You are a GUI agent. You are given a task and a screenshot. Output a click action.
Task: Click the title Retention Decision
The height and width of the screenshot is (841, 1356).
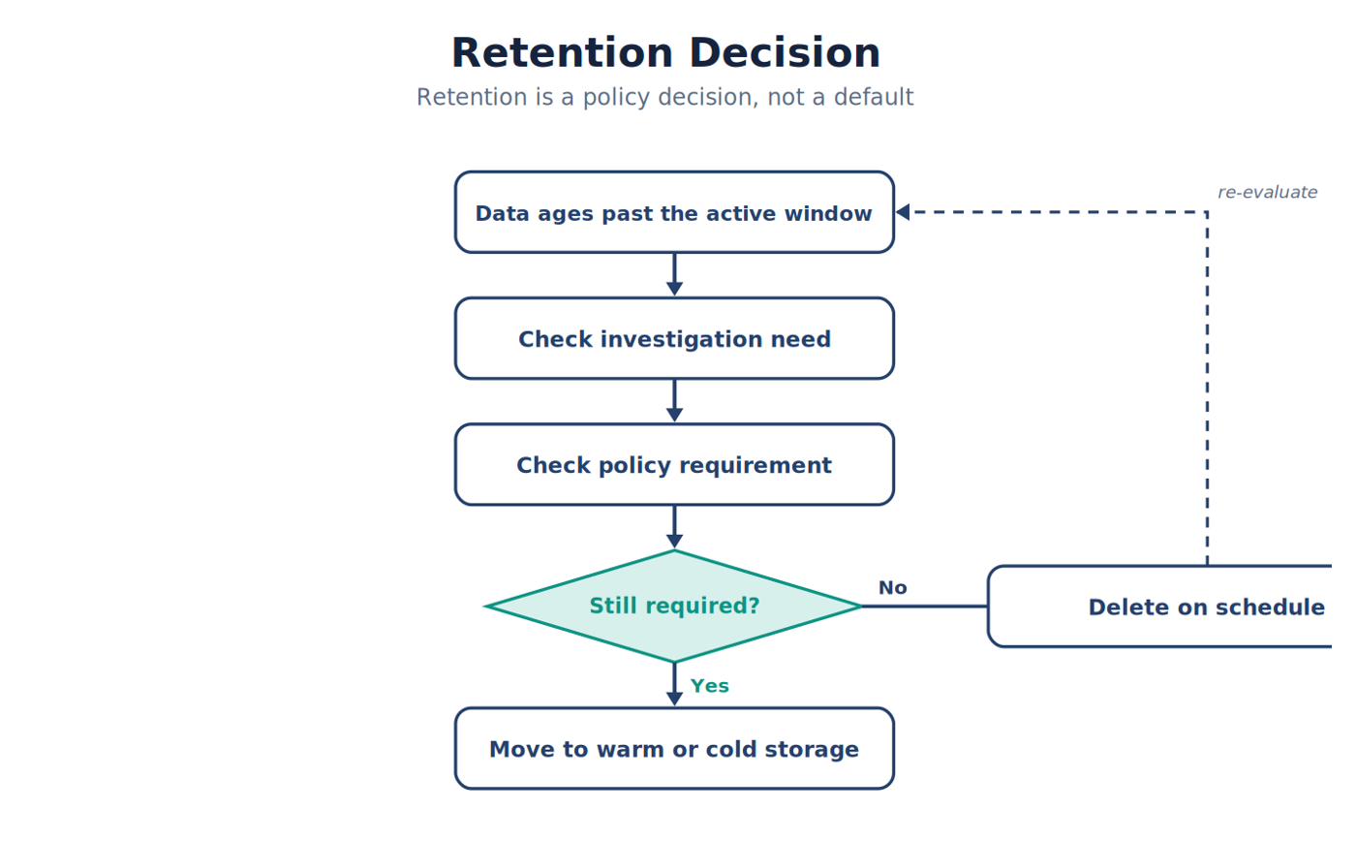(665, 53)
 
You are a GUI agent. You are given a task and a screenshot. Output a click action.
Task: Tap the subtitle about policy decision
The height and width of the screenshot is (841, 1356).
(664, 97)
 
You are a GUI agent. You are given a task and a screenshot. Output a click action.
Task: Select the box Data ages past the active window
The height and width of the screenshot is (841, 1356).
(674, 212)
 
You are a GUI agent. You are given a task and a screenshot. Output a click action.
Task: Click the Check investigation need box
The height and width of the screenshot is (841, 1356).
(674, 338)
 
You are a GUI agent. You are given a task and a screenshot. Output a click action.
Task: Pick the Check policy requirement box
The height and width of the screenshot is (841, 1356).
(674, 464)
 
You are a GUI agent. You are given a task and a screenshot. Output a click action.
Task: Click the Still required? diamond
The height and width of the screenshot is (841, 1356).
(674, 607)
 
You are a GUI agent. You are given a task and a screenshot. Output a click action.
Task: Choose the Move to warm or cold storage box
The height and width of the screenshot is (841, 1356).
(674, 748)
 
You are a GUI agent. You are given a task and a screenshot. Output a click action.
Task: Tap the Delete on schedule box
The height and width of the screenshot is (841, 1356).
(1160, 607)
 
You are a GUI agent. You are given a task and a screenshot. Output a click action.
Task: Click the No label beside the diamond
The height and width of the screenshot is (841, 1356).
(892, 587)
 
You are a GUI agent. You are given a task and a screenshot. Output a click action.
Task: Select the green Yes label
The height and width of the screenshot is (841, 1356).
(709, 685)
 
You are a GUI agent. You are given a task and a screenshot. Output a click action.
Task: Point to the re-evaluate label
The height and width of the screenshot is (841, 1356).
(1268, 192)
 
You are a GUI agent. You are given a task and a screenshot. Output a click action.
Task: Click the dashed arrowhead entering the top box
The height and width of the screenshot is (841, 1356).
(903, 212)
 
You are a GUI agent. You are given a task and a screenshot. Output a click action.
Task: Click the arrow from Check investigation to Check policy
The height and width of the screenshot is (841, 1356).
(674, 401)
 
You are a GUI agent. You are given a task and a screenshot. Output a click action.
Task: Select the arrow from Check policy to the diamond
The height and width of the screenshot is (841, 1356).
(674, 527)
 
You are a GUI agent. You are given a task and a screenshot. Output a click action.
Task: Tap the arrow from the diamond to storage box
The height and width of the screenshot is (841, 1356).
(674, 684)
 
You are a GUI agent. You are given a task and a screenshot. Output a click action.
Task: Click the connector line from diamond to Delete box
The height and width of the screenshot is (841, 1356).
(925, 607)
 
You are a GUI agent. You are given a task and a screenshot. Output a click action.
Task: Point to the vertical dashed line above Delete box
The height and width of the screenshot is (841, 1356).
(1207, 389)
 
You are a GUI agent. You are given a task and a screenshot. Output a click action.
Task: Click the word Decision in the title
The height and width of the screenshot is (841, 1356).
(785, 53)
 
